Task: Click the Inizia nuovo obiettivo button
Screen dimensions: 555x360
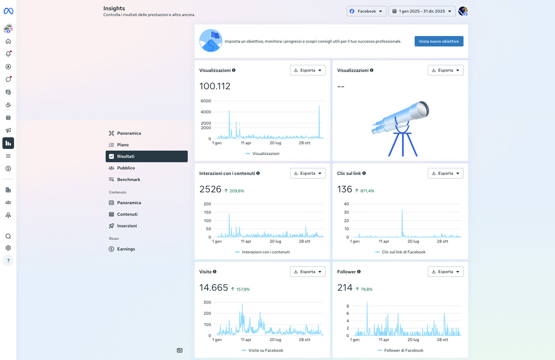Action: pos(439,41)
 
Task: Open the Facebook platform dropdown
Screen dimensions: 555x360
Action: pos(366,11)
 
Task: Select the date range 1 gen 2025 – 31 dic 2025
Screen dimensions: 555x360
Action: pos(422,11)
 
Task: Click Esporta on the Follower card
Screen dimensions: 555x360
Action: pos(445,272)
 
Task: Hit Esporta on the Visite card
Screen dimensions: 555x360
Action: pos(308,272)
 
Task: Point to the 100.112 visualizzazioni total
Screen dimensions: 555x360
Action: pos(215,86)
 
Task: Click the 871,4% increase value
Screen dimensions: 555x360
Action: pos(367,191)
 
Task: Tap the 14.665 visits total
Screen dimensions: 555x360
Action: pos(214,288)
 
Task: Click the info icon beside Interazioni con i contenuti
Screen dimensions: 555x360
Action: pos(258,174)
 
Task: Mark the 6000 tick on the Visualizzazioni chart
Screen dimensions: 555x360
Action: pos(206,101)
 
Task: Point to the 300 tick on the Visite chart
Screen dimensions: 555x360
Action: pos(207,302)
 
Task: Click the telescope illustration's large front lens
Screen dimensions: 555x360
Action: pos(422,110)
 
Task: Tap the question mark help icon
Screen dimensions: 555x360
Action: pos(8,261)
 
